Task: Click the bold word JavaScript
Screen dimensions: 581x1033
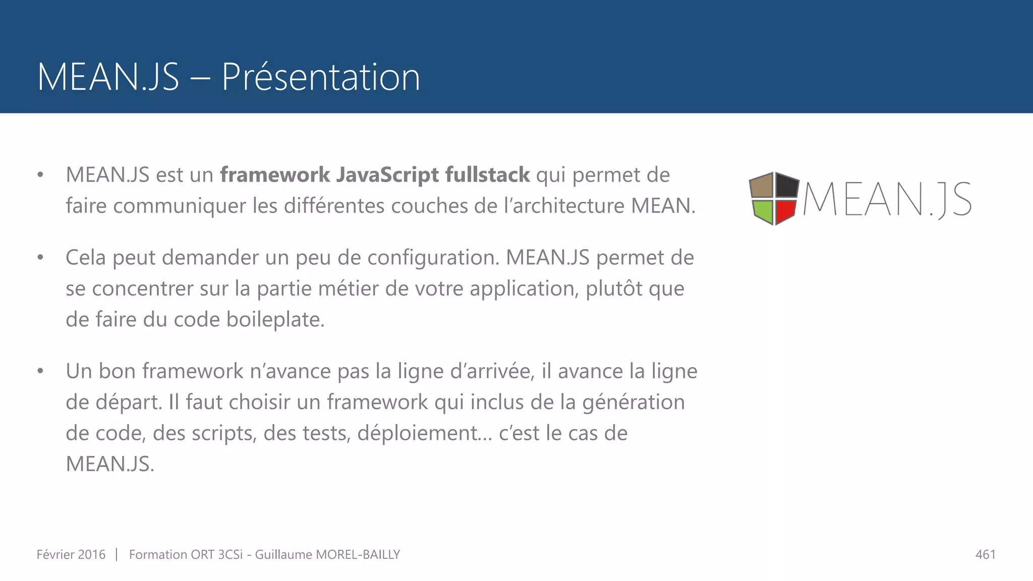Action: click(x=387, y=175)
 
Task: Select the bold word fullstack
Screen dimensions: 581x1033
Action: click(x=487, y=175)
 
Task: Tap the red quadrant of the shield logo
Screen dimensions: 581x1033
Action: click(x=785, y=212)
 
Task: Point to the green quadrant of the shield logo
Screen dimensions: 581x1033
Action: click(x=763, y=212)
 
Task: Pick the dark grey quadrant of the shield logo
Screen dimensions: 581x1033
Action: click(x=787, y=186)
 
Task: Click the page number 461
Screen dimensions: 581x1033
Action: click(x=986, y=555)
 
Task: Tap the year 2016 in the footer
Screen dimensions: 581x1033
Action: click(x=92, y=555)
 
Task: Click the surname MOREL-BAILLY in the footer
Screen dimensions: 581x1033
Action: click(x=358, y=555)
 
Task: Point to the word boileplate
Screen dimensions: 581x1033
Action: click(x=275, y=320)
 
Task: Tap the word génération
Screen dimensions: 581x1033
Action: click(x=634, y=402)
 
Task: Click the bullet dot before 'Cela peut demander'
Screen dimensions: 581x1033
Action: click(x=40, y=258)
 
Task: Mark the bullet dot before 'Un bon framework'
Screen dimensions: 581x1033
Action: click(x=40, y=371)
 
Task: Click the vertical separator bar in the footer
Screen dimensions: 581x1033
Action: click(x=117, y=555)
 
